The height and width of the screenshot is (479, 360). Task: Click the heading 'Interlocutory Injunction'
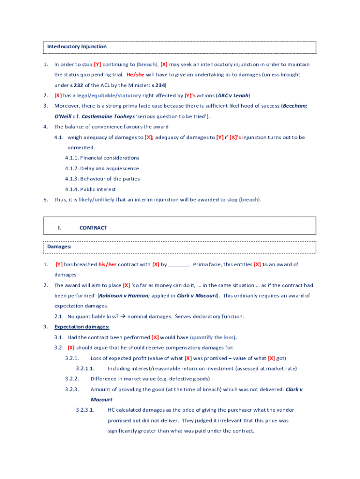(x=77, y=47)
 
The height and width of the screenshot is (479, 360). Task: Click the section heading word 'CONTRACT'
(x=94, y=228)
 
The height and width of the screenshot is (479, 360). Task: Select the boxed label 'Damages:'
(x=59, y=246)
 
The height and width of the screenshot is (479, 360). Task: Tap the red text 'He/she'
(x=136, y=75)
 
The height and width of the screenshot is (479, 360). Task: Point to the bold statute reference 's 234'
(x=158, y=85)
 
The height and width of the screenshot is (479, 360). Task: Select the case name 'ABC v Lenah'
(x=233, y=95)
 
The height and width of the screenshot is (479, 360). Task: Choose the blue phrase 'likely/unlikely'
(x=96, y=200)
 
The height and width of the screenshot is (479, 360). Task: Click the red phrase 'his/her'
(x=107, y=265)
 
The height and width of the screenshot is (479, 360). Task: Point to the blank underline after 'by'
(x=179, y=265)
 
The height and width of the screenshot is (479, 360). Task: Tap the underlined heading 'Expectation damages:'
(x=82, y=327)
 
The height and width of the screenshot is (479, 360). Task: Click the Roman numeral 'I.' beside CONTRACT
(x=59, y=228)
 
